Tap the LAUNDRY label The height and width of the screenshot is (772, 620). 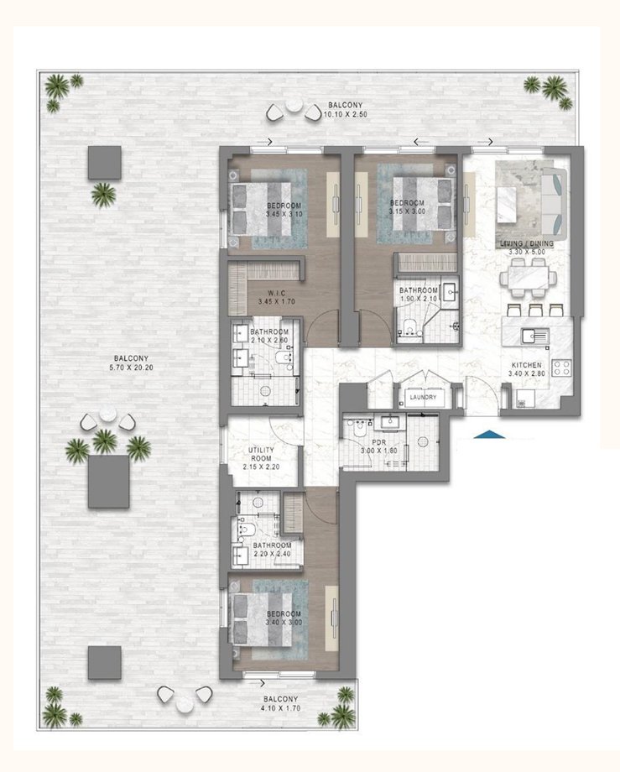(x=423, y=397)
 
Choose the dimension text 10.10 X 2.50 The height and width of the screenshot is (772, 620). (x=346, y=114)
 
